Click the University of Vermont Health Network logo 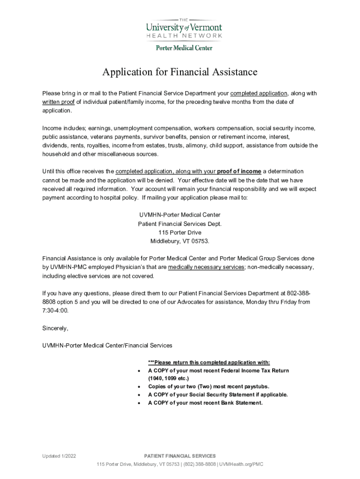pos(183,27)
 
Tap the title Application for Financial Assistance pos(180,72)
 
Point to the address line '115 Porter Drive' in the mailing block pos(180,232)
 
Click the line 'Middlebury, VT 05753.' pos(180,241)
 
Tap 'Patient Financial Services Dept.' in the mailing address pos(180,224)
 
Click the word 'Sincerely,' pos(55,328)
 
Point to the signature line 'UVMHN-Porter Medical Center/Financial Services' pos(107,346)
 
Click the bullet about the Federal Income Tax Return pos(218,370)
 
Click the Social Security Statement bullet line pos(218,395)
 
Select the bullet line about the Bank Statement pos(205,403)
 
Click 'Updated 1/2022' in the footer pos(59,456)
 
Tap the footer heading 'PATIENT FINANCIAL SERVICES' pos(180,456)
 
